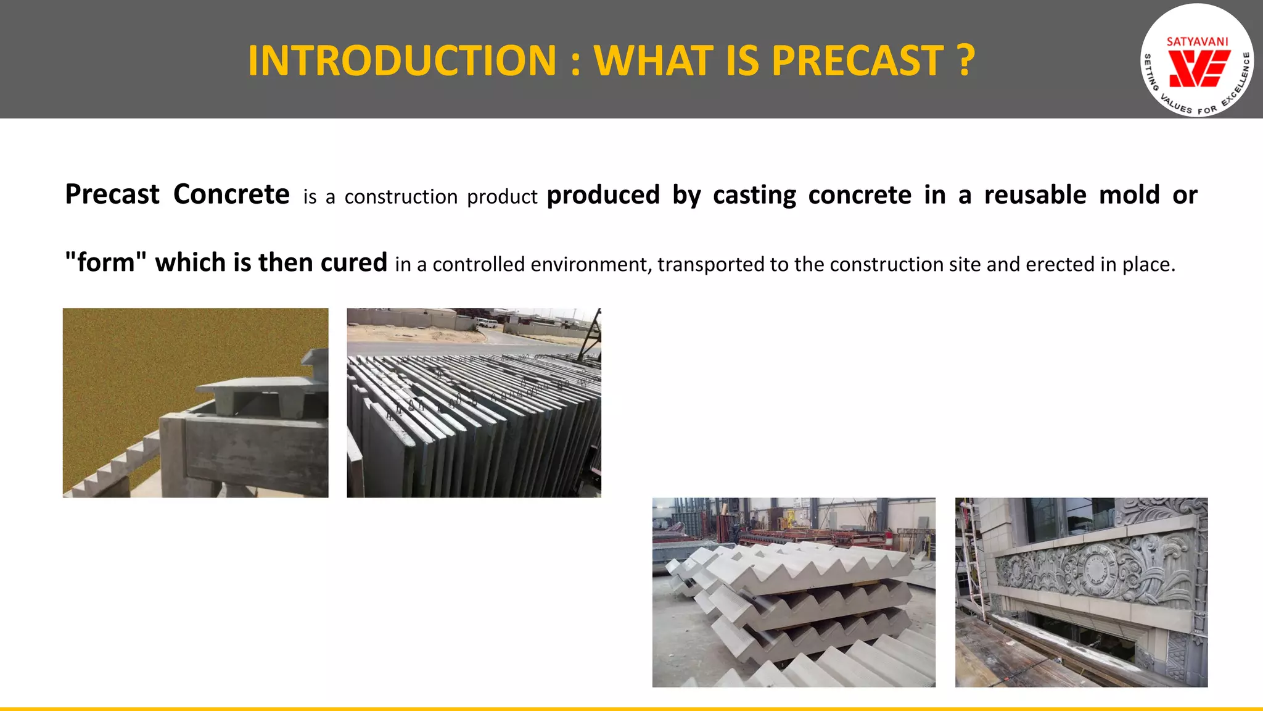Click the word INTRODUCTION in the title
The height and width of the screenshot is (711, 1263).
[x=402, y=60]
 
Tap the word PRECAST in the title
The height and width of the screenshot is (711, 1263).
[x=857, y=60]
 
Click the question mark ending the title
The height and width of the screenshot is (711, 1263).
[x=966, y=60]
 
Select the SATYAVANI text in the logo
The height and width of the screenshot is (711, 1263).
[x=1197, y=42]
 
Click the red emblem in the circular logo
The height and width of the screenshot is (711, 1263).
[x=1198, y=68]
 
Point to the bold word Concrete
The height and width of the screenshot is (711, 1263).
[x=231, y=194]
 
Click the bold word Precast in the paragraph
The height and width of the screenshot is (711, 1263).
[x=112, y=194]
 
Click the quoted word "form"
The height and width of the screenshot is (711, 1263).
[x=105, y=263]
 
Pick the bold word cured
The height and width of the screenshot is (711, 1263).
[x=353, y=263]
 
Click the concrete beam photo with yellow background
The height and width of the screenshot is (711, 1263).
[x=195, y=402]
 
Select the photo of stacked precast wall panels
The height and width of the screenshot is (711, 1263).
[x=474, y=402]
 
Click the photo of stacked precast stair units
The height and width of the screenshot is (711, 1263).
[x=794, y=592]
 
